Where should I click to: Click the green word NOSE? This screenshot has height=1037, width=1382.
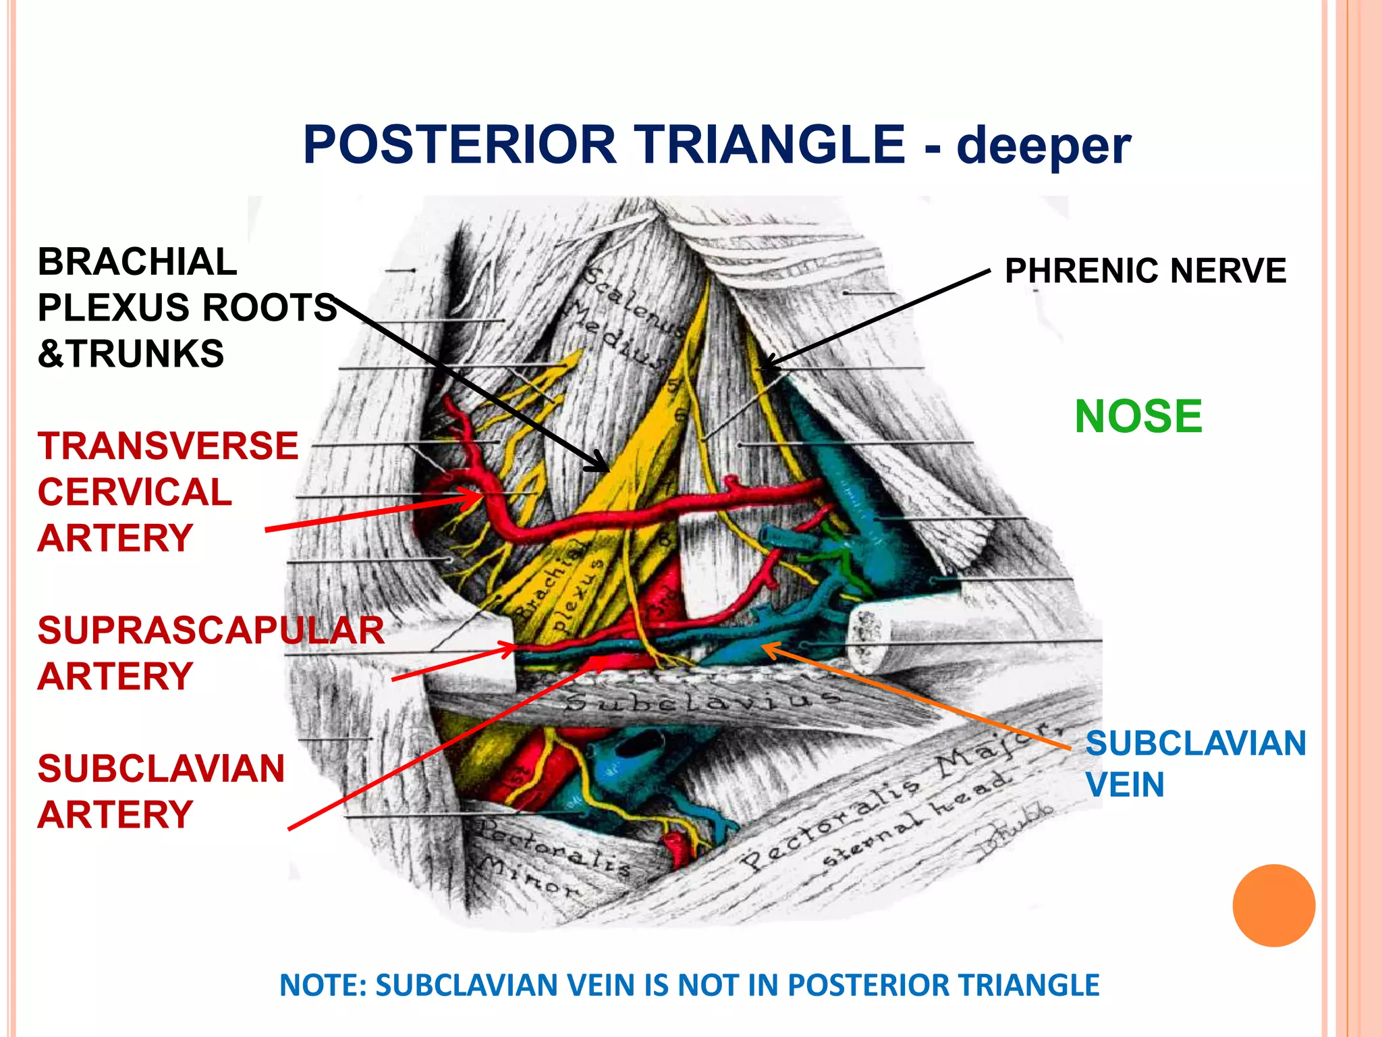(1138, 417)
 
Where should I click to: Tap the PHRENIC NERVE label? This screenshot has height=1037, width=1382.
(1145, 271)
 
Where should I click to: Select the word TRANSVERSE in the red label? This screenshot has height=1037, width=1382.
(168, 446)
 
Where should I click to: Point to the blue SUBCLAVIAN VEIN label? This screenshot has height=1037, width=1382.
(1195, 764)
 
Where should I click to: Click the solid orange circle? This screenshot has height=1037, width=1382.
(1273, 905)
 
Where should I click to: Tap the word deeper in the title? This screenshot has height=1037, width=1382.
(1043, 145)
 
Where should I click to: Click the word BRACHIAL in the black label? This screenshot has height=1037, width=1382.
(137, 262)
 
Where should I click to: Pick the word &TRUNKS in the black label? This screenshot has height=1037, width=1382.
(131, 354)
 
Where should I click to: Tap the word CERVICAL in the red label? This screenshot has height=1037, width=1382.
(135, 492)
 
